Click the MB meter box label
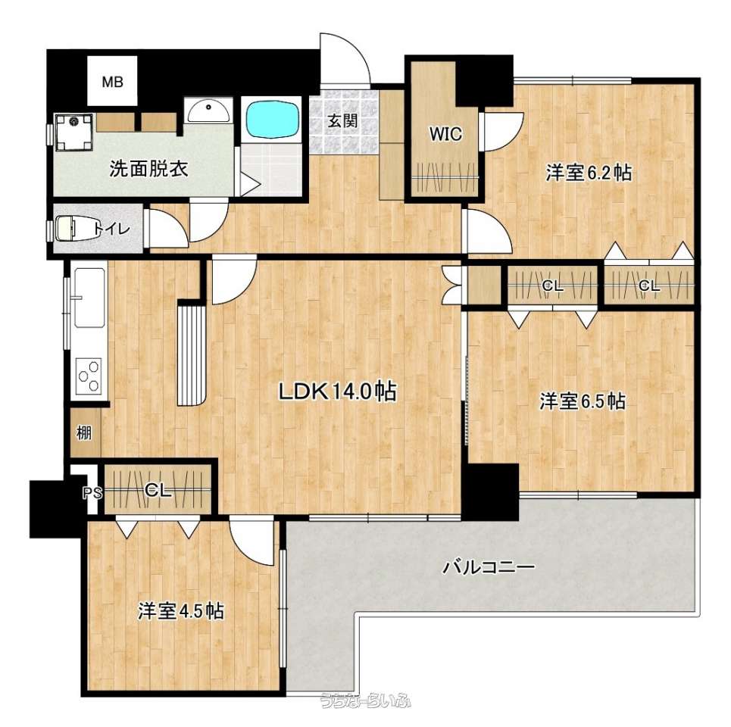pyautogui.click(x=112, y=83)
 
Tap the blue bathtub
pyautogui.click(x=273, y=120)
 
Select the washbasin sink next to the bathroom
pyautogui.click(x=208, y=111)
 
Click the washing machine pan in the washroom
pyautogui.click(x=73, y=133)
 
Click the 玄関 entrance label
pyautogui.click(x=342, y=120)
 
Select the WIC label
pyautogui.click(x=445, y=134)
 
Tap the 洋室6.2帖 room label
pyautogui.click(x=589, y=173)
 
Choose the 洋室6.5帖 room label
pyautogui.click(x=583, y=401)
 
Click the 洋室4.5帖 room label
pyautogui.click(x=181, y=611)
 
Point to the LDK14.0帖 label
pyautogui.click(x=338, y=392)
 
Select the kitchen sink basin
pyautogui.click(x=89, y=298)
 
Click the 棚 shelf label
pyautogui.click(x=84, y=433)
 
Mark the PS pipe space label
pyautogui.click(x=92, y=493)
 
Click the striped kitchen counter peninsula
pyautogui.click(x=192, y=354)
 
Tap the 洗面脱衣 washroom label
pyautogui.click(x=149, y=169)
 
